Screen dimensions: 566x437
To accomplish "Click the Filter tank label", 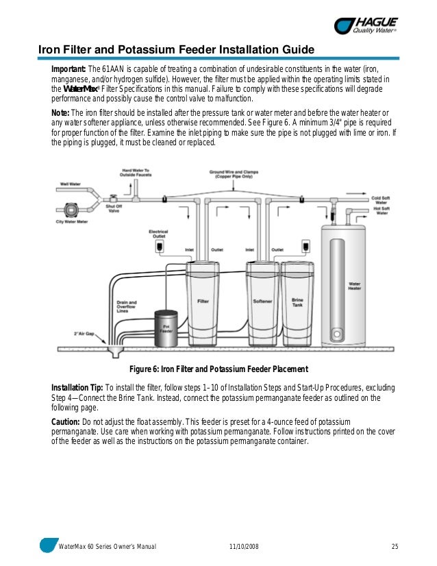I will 203,301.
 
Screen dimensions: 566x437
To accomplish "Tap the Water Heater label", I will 355,285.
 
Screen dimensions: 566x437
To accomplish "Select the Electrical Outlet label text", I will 158,234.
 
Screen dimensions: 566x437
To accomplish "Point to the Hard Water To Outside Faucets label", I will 136,174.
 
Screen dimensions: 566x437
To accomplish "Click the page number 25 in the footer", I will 395,546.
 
